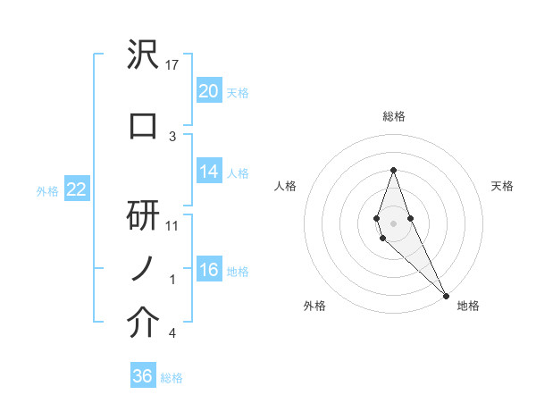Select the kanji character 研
143,215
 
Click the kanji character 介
143,324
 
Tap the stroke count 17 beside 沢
173,65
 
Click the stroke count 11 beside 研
173,226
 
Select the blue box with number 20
208,91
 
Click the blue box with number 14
208,172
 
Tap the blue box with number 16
208,271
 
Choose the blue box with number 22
76,189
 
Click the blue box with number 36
143,376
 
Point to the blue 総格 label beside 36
172,378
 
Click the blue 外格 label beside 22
47,190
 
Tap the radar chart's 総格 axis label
393,116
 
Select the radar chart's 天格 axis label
503,186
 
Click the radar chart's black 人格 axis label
285,186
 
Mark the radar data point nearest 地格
446,294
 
